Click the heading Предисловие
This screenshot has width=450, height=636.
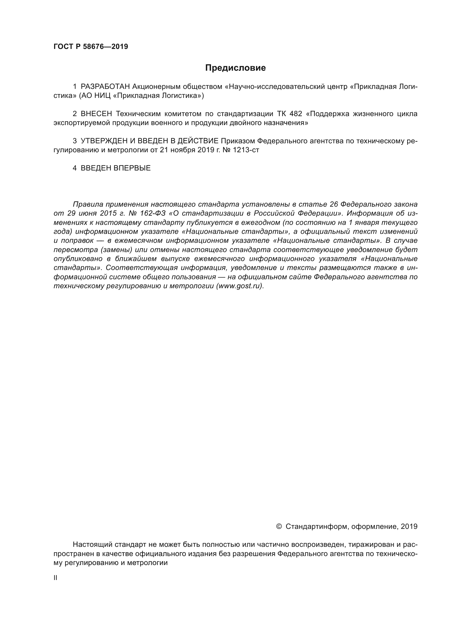click(235, 68)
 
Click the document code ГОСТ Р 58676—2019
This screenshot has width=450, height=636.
click(91, 46)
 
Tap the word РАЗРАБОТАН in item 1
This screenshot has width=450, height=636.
click(105, 87)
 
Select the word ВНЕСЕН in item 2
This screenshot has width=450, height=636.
click(96, 114)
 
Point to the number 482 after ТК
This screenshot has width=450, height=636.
click(296, 114)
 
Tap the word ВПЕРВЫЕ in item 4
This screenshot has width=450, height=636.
click(132, 168)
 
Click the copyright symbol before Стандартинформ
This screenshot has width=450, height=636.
click(279, 526)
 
